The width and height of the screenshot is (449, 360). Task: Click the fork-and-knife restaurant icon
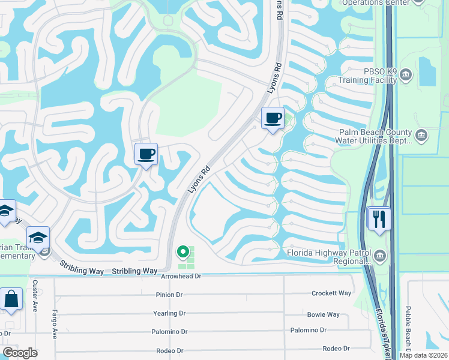(x=379, y=218)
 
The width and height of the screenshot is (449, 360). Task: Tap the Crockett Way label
(x=331, y=293)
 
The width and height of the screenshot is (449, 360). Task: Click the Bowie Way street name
(x=323, y=314)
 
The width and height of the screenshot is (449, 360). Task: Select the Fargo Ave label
(x=54, y=325)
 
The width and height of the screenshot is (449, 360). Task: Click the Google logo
(x=20, y=353)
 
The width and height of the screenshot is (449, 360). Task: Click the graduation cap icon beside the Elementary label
(x=38, y=238)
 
